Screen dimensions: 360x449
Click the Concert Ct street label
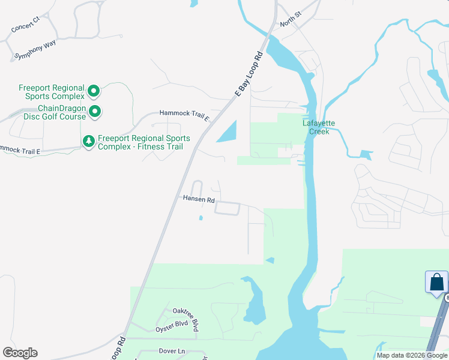[25, 25]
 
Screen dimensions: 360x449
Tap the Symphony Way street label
[34, 50]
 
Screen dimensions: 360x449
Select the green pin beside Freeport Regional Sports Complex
[94, 91]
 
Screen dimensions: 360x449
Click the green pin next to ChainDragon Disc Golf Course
[94, 111]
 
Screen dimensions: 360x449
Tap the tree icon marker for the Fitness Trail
[88, 141]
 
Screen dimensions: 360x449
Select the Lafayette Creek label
[318, 127]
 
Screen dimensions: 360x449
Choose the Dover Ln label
[172, 350]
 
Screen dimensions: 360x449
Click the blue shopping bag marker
[436, 282]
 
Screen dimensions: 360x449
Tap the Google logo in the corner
[20, 353]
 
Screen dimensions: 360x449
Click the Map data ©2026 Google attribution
[412, 355]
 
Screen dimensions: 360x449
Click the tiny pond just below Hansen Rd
[200, 218]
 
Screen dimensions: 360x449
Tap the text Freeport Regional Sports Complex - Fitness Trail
[144, 142]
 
